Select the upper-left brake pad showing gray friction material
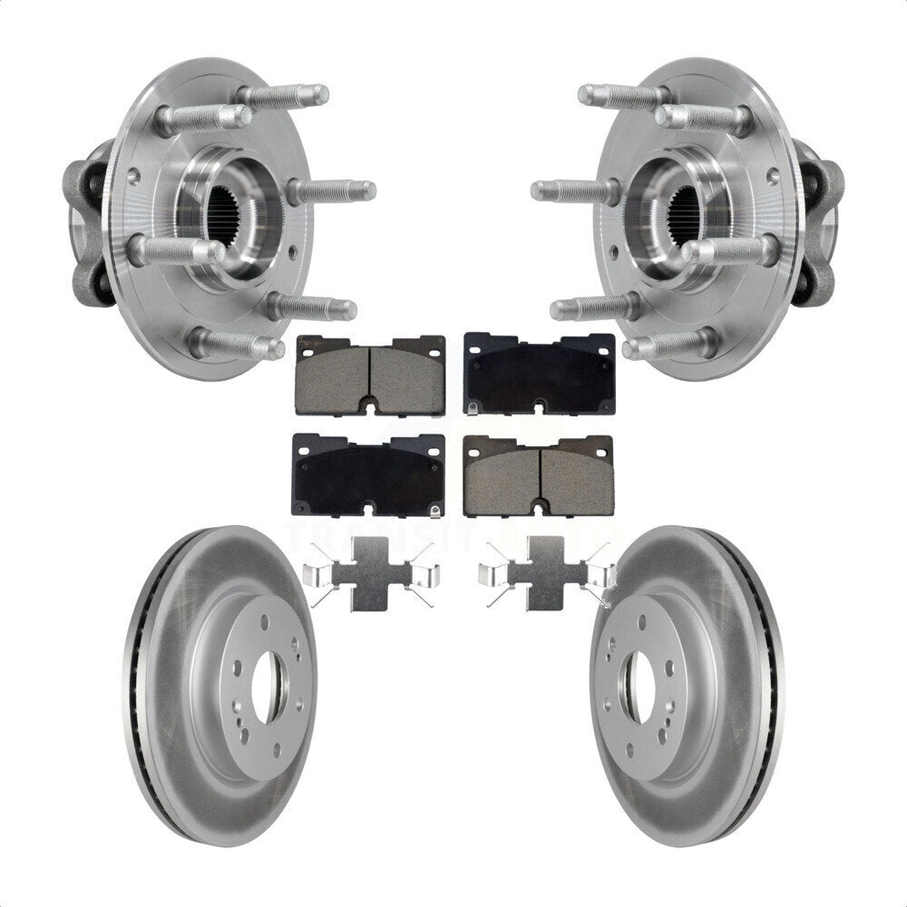pos(371,374)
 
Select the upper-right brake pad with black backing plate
pos(539,373)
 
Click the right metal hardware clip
pos(544,575)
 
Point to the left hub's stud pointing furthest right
pos(336,191)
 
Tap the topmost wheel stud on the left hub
pos(286,94)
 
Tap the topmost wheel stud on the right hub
pos(621,94)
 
